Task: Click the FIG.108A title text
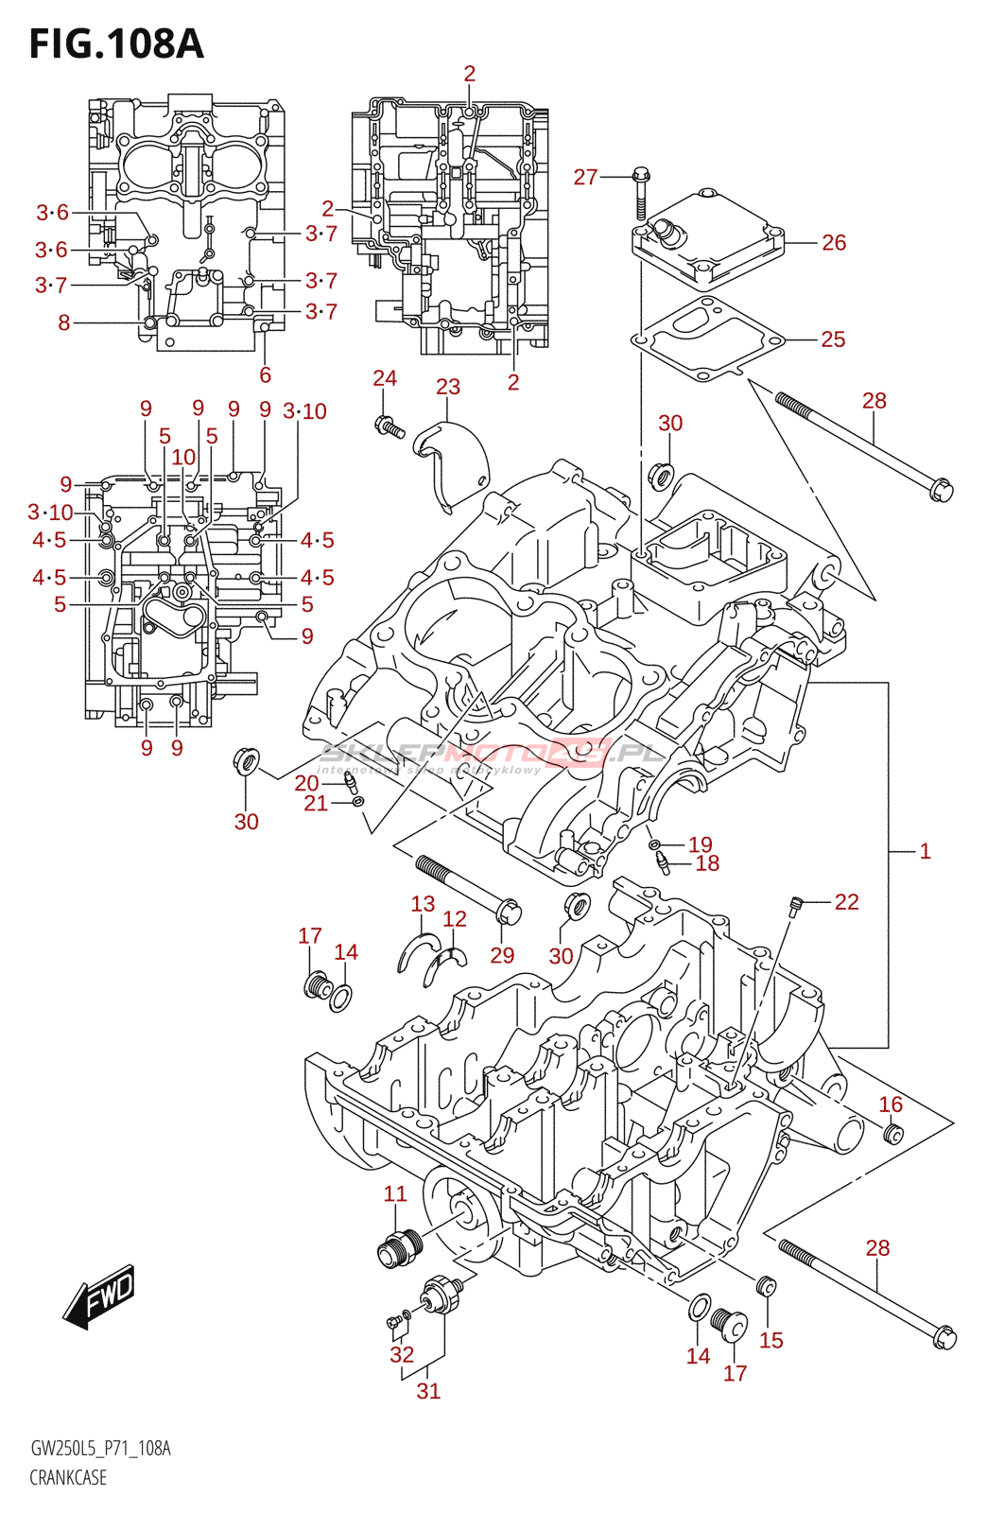tap(116, 43)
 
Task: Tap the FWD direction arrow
tap(100, 1295)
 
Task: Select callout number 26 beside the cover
tap(833, 243)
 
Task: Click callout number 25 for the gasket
tap(832, 339)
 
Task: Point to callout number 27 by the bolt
tap(585, 177)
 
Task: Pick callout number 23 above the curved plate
tap(448, 387)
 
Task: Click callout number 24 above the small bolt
tap(385, 378)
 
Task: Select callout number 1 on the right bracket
tap(925, 851)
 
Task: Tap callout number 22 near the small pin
tap(846, 902)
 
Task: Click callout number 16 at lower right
tap(891, 1104)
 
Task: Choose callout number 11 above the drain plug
tap(395, 1194)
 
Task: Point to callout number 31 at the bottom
tap(428, 1391)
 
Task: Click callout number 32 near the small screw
tap(402, 1354)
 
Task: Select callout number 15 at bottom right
tap(771, 1340)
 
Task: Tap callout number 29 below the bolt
tap(502, 955)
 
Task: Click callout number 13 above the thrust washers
tap(423, 904)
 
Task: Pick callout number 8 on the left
tap(64, 323)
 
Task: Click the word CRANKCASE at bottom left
tap(68, 1477)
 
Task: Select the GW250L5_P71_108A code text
tap(100, 1449)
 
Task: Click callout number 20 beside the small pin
tap(306, 783)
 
